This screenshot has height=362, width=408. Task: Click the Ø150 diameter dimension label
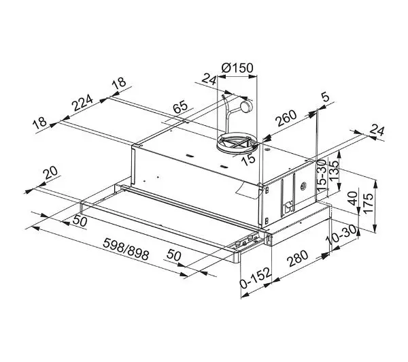[237, 68]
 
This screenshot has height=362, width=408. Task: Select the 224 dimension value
[82, 103]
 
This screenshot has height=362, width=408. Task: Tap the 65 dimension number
[180, 107]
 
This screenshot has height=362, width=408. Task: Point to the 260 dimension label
[286, 118]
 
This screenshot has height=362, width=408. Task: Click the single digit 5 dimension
[325, 97]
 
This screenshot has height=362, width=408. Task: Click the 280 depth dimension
[297, 259]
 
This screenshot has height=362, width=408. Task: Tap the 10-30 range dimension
[341, 235]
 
